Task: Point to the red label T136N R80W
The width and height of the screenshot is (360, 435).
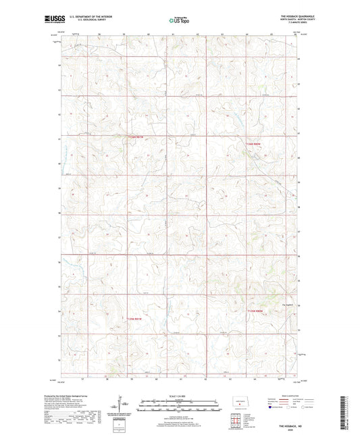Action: tap(253, 143)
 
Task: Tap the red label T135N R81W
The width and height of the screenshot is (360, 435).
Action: tap(135, 318)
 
